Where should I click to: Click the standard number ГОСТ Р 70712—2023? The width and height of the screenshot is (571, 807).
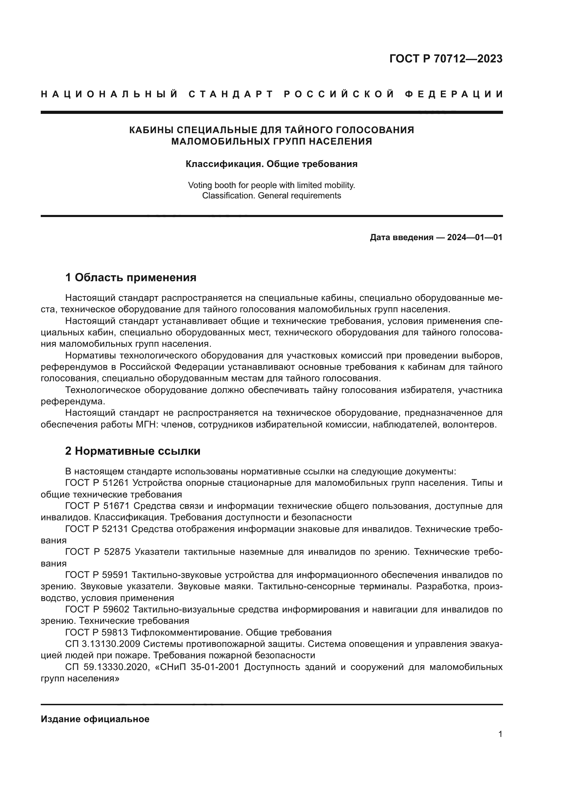point(445,59)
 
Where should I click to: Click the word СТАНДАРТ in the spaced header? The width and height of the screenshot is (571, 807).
point(231,94)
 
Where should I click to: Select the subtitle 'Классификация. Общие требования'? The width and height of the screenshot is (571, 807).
point(271,164)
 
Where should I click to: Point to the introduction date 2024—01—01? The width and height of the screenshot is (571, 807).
point(474,237)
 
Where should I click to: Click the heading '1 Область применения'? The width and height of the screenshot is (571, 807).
point(130,278)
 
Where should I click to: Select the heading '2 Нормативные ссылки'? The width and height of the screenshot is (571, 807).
point(133,451)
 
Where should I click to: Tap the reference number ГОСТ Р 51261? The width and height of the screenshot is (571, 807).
point(97,483)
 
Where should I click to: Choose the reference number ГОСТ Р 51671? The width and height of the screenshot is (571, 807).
point(97,506)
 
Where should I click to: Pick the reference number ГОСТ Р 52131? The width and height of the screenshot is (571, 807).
point(97,529)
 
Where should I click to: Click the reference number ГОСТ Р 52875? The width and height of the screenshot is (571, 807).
point(97,552)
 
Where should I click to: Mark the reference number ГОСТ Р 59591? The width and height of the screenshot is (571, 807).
point(97,575)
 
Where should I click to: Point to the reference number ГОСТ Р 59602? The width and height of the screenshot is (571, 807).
point(97,609)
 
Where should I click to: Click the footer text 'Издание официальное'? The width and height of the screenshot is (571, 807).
point(95,719)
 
